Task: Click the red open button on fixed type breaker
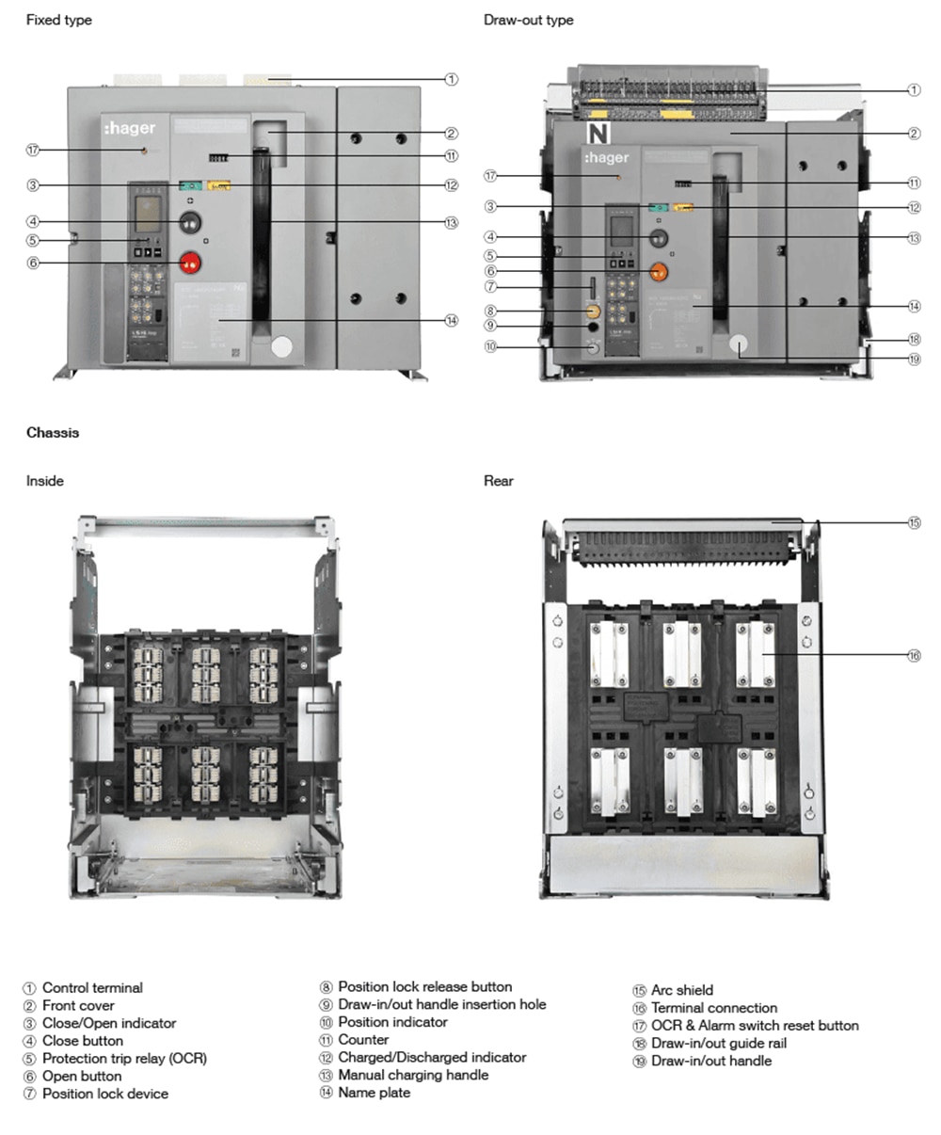(191, 263)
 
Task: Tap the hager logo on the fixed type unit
(130, 128)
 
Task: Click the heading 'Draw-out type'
(528, 20)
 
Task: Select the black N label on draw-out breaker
(598, 133)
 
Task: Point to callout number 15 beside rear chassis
(914, 522)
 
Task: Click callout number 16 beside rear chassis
(914, 656)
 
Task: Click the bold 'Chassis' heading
(53, 433)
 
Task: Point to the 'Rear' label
(499, 481)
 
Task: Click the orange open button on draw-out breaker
(659, 272)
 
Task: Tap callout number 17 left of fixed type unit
(33, 150)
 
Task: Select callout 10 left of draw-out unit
(490, 347)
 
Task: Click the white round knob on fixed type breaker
(281, 346)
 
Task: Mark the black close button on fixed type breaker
(191, 222)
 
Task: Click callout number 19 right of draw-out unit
(914, 359)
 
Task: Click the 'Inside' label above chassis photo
(45, 481)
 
